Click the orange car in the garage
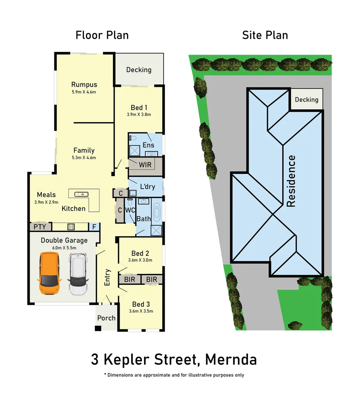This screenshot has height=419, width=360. [49, 273]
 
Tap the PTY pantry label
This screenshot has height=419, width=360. [40, 227]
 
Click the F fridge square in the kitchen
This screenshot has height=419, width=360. [94, 227]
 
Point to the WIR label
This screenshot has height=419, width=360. [145, 165]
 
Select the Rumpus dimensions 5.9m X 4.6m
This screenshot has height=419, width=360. [84, 92]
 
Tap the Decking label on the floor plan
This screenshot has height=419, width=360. [139, 70]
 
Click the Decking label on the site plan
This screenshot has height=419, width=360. [306, 100]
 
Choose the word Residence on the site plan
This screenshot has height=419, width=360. [291, 181]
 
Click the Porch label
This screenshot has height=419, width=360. [106, 318]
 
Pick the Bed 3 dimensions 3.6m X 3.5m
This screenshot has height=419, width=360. [141, 311]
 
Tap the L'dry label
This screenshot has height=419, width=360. [148, 187]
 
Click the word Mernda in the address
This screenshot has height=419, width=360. [231, 359]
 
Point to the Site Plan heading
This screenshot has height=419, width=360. [265, 35]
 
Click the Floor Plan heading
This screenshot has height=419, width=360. [102, 35]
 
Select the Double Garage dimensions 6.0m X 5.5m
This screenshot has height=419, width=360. [64, 248]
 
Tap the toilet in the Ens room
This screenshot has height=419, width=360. [132, 138]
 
